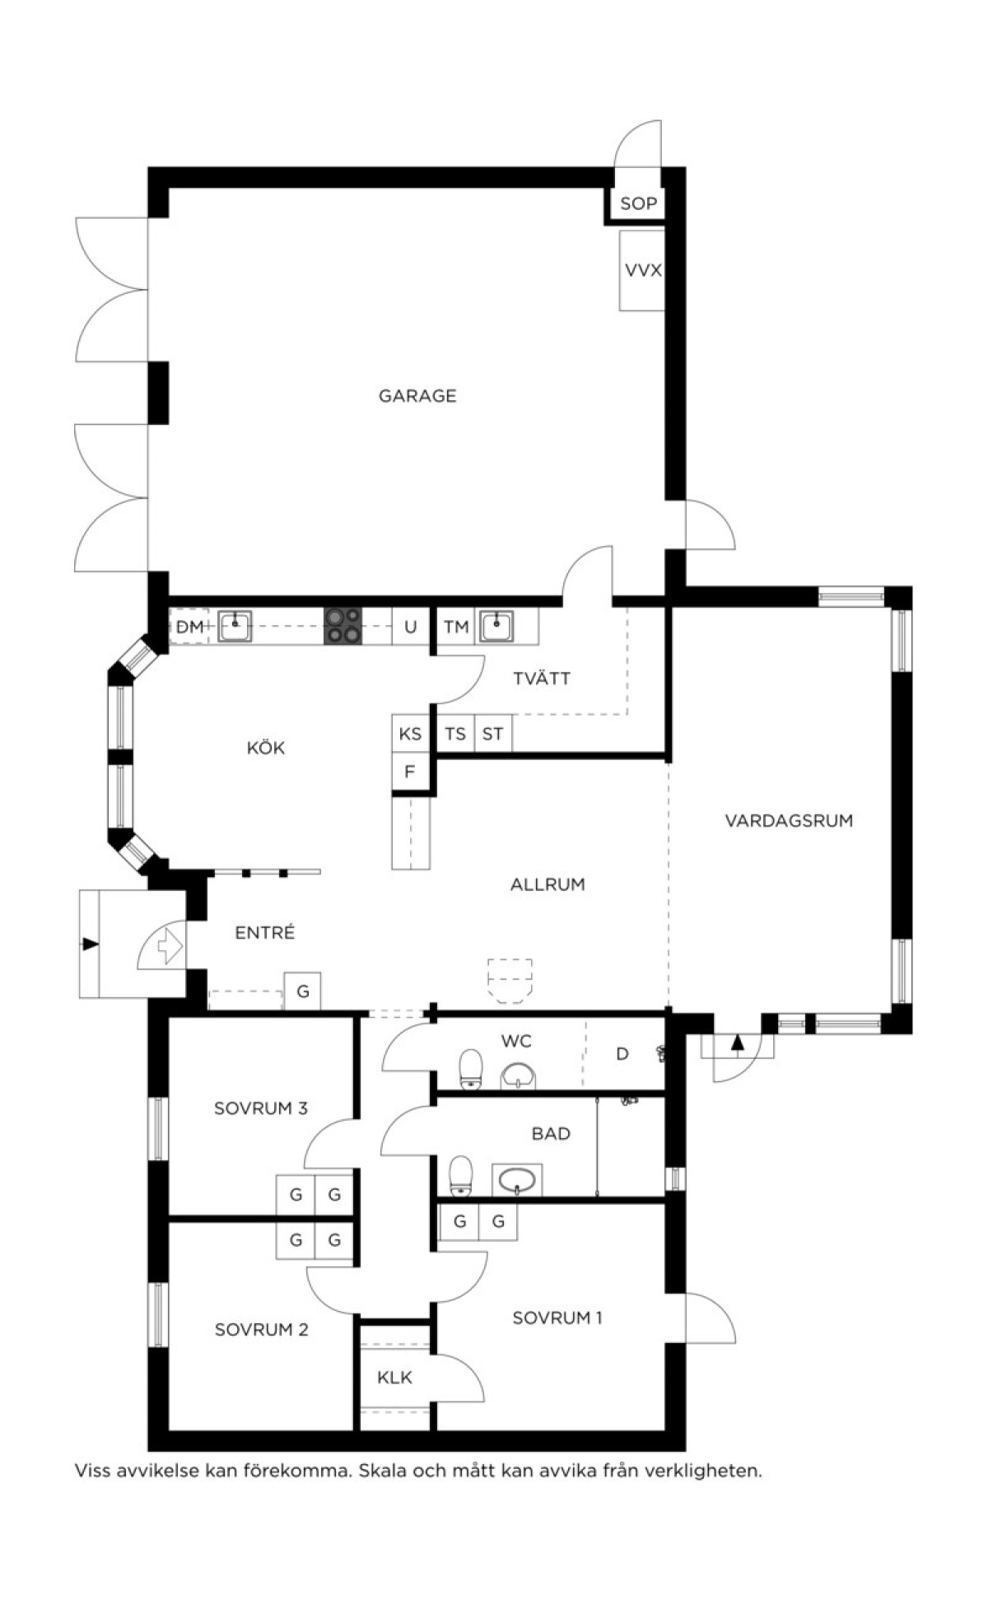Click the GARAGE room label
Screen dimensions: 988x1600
[417, 396]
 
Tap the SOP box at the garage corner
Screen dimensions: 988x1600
[638, 203]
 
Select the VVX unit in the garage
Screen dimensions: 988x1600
[642, 270]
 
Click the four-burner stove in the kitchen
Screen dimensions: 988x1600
[343, 626]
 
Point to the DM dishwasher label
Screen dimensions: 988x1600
[189, 627]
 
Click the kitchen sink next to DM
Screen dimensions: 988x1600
[235, 626]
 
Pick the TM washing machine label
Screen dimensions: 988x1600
[456, 627]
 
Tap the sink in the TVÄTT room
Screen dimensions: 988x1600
[497, 626]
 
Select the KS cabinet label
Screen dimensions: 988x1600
[410, 734]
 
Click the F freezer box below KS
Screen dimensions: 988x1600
[410, 772]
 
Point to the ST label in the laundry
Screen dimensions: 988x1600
[492, 734]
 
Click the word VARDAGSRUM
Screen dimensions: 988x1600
[789, 821]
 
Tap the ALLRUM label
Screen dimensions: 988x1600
[548, 885]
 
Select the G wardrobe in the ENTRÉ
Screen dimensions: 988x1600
[303, 991]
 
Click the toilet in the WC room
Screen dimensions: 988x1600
[470, 1069]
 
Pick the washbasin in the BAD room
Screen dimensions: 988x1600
[517, 1179]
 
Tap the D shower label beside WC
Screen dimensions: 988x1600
[622, 1054]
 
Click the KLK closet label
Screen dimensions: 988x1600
[394, 1378]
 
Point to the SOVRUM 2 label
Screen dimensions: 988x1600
[261, 1330]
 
